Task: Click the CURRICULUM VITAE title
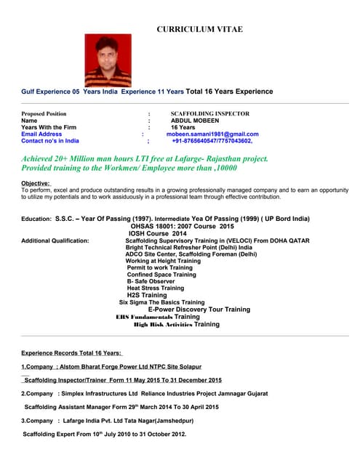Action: tap(200, 29)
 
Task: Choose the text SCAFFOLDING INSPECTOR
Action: tap(209, 114)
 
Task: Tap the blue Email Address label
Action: tap(41, 134)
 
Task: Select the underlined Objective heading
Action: tap(36, 183)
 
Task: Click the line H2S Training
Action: tap(147, 296)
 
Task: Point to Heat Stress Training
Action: tap(155, 288)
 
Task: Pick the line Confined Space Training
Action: tap(161, 275)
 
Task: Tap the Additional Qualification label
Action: tap(55, 240)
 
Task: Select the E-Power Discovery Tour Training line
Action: tap(199, 310)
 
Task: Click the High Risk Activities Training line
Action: tap(177, 324)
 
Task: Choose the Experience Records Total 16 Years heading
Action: tap(71, 352)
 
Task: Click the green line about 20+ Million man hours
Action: tap(145, 158)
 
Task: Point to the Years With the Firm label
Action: tap(49, 127)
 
